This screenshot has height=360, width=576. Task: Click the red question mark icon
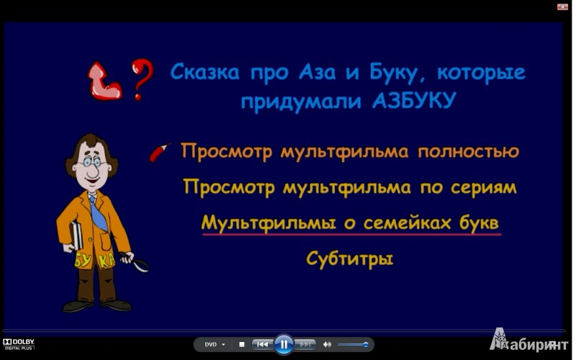[141, 78]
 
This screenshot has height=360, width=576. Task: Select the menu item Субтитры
[349, 259]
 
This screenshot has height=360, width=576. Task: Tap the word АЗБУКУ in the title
[414, 101]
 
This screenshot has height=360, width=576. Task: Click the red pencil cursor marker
[160, 152]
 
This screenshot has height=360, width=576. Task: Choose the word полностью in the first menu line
[469, 151]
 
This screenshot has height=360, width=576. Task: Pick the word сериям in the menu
[483, 188]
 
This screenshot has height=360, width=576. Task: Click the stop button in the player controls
[242, 344]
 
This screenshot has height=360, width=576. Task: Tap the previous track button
[262, 344]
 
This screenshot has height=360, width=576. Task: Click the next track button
[305, 344]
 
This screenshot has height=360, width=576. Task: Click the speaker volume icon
[327, 344]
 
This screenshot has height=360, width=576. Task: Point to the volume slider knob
[366, 344]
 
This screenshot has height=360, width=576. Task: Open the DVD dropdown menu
[215, 345]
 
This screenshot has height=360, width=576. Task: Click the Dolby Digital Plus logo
[19, 344]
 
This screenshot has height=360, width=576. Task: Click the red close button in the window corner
[562, 6]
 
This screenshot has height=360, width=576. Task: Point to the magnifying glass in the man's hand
[135, 261]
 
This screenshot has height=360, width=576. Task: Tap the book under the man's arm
[76, 236]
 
